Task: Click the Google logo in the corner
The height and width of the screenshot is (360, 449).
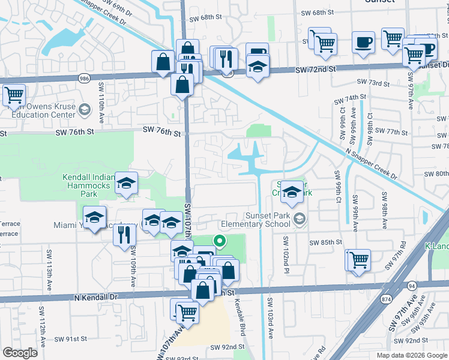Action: coord(20,353)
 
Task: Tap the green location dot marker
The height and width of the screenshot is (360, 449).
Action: coord(220,242)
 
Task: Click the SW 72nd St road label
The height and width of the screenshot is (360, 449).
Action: coord(315,71)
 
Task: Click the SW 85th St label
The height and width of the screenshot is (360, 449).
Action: coord(325,242)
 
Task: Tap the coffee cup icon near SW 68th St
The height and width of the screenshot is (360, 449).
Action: coord(363,43)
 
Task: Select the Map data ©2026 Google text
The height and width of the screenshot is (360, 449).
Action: coord(411,355)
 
